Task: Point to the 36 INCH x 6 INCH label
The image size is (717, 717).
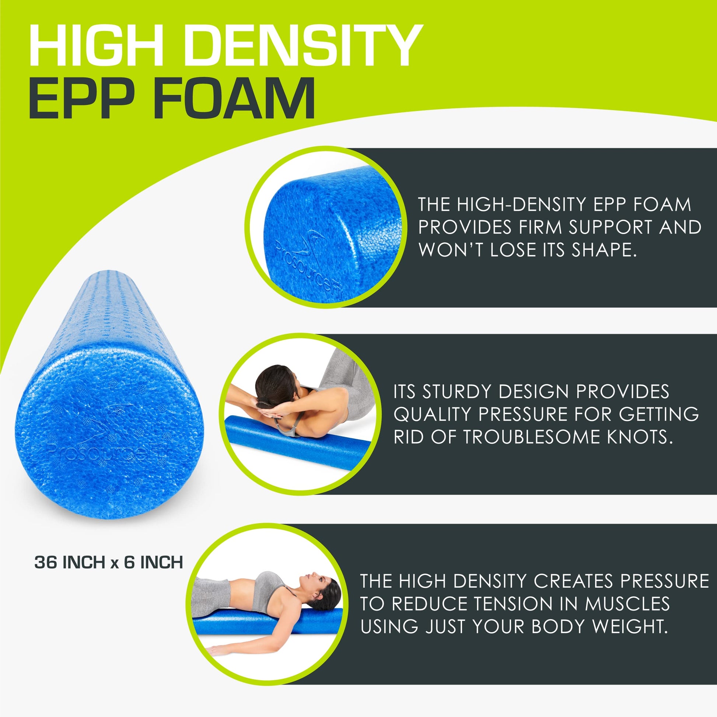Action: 109,563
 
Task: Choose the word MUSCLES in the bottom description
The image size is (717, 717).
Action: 627,604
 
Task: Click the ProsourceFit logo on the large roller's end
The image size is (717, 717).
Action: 108,438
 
